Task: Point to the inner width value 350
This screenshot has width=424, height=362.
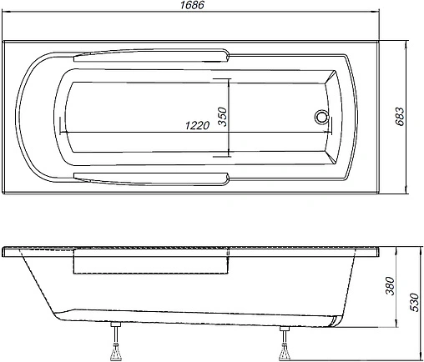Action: tap(222, 116)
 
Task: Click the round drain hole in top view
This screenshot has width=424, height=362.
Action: tap(321, 118)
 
